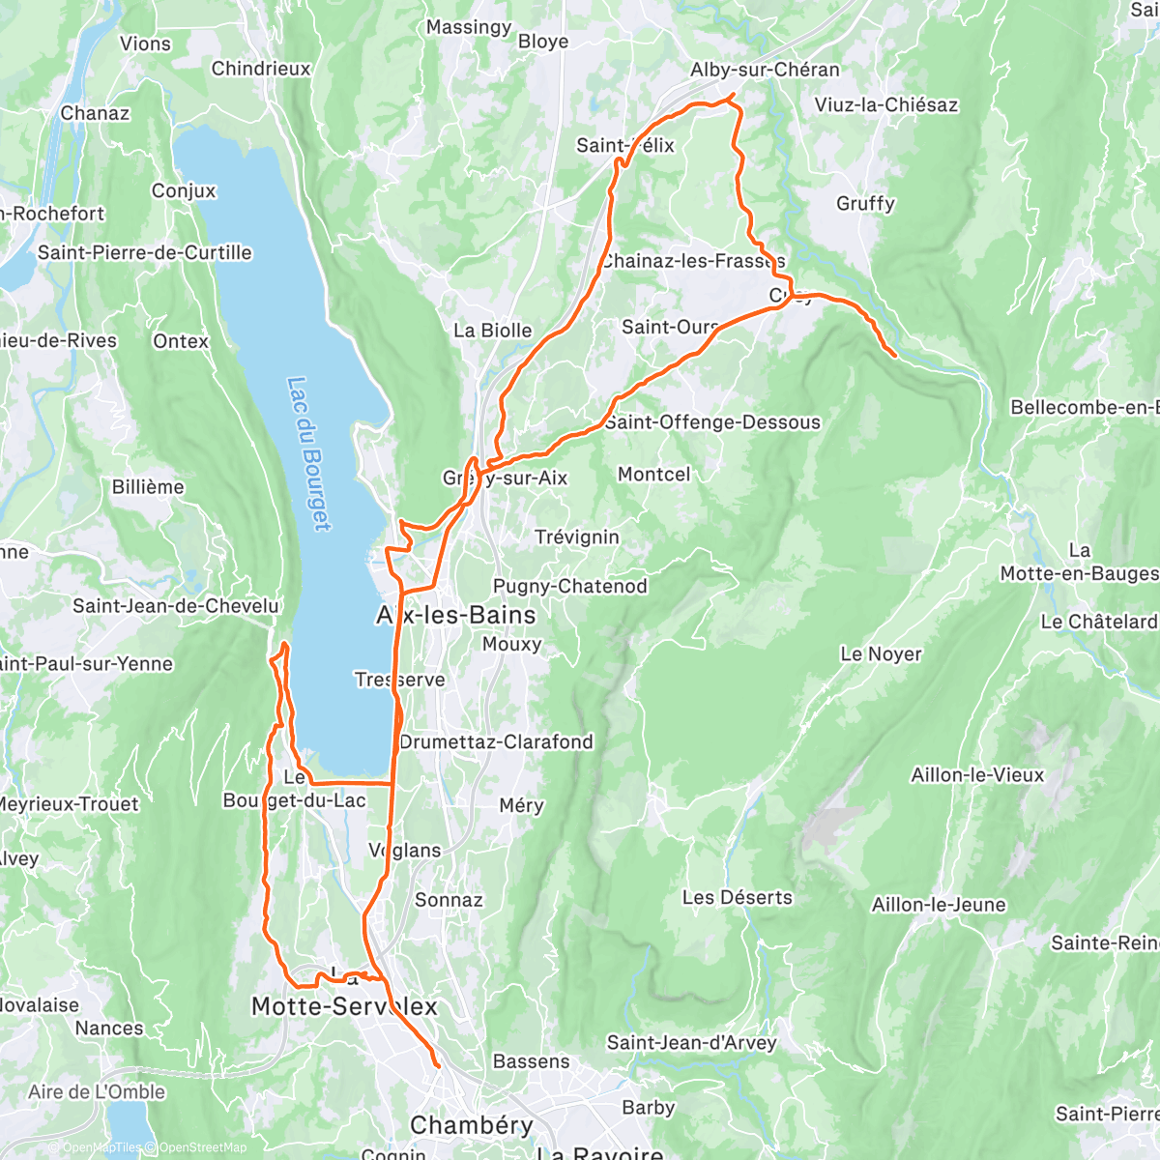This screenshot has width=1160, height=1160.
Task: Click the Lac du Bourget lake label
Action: point(308,453)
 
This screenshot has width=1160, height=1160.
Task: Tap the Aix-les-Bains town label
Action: point(455,615)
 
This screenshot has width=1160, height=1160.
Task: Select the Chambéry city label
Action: point(472,1125)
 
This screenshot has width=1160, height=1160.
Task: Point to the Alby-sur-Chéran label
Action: point(765,70)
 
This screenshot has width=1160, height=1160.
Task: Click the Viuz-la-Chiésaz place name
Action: point(885,104)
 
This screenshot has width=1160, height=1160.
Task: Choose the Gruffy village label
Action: point(865,203)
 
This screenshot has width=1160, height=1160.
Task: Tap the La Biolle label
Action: point(492,331)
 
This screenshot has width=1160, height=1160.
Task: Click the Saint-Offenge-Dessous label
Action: point(712,422)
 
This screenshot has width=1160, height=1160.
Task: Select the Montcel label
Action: point(654,474)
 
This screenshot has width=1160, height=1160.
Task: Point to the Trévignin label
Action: point(577,536)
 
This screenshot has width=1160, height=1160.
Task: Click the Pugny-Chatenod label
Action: point(569,586)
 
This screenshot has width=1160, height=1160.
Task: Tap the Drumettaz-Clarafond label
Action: point(496,741)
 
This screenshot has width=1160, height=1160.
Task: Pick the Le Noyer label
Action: point(881,654)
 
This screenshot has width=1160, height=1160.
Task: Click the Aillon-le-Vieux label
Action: point(977,774)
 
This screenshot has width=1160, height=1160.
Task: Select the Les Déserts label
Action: point(737,897)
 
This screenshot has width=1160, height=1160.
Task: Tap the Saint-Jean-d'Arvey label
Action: point(691,1042)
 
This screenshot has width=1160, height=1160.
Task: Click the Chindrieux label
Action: point(261,69)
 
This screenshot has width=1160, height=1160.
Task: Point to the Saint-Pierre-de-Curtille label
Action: point(145,252)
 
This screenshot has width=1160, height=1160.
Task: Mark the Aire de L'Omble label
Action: point(97,1091)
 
